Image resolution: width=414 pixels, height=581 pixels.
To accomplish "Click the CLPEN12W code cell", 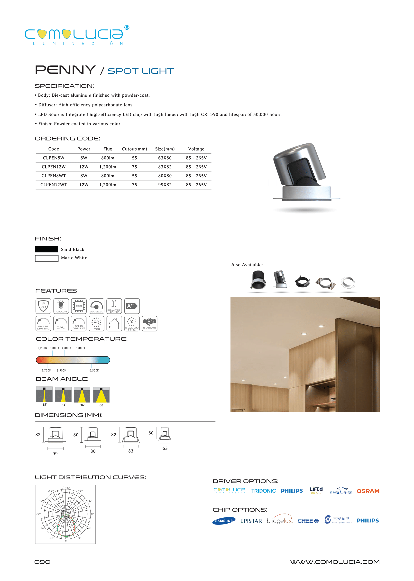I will [x=54, y=167].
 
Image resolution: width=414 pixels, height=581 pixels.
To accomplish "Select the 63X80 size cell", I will [x=165, y=158].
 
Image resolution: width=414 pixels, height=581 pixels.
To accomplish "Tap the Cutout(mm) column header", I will [x=134, y=149].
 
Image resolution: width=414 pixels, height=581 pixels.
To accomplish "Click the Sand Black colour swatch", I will [x=47, y=249].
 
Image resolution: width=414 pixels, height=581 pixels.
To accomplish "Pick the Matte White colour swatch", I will [x=47, y=258].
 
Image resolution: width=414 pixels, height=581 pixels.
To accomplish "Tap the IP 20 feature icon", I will [x=43, y=306].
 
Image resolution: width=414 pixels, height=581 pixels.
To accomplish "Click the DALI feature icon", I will [x=61, y=323].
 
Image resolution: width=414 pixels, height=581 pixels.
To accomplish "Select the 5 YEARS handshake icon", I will [x=149, y=323].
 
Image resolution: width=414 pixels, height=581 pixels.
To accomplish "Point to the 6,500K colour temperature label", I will [x=94, y=370].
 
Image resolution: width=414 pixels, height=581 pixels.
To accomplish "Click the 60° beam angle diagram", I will [x=101, y=395].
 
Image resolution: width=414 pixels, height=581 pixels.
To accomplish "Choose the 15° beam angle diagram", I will [x=44, y=394].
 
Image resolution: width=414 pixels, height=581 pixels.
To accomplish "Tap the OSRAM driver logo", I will [x=368, y=491].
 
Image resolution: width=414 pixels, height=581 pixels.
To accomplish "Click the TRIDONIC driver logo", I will [x=263, y=491].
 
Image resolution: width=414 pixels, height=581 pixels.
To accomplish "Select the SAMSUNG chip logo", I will [x=224, y=521].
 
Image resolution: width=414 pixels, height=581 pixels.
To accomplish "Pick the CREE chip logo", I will [x=308, y=521].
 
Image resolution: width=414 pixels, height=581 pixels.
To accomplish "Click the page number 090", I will [x=42, y=562].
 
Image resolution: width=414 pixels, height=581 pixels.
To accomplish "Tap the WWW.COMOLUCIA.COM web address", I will [x=334, y=562].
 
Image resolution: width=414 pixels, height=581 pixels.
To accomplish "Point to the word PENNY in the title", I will [x=65, y=70].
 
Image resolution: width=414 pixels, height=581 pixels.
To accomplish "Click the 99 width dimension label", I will [x=55, y=453].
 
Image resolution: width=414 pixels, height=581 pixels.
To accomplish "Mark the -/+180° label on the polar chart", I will [x=66, y=488].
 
